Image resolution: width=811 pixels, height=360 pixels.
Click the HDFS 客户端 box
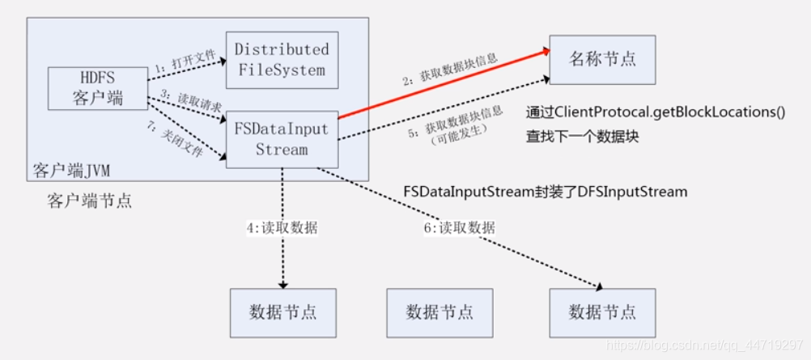pos(97,88)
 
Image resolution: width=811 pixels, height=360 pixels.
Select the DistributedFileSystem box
pos(281,61)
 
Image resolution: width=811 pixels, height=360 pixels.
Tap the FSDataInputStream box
pos(281,139)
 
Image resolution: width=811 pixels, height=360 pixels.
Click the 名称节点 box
pos(602,60)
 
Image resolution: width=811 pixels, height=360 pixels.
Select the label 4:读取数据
pos(282,228)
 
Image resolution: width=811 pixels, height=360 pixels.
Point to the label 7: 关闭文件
pos(180,138)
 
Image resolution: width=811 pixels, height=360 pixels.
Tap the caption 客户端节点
pos(89,201)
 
